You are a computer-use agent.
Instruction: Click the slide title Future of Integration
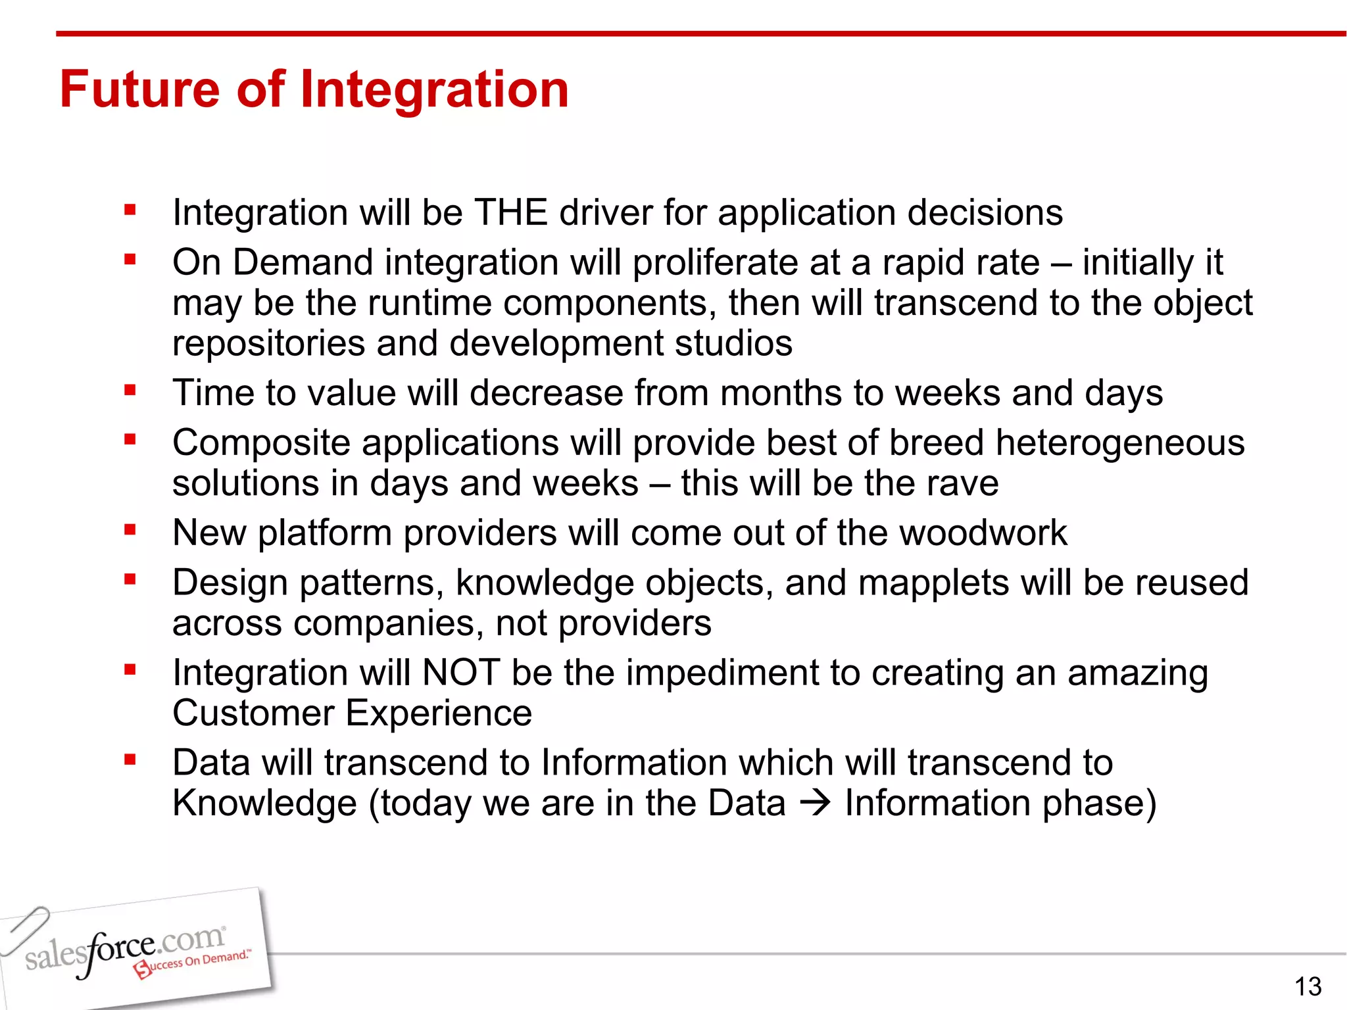tap(314, 89)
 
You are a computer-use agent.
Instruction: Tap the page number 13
tap(1308, 986)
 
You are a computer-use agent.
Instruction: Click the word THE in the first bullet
tap(510, 212)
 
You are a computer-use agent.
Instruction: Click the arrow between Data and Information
tap(816, 803)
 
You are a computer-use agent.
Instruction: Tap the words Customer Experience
tap(352, 713)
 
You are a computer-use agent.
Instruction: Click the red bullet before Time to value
tap(130, 391)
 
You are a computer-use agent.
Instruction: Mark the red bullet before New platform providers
tap(130, 529)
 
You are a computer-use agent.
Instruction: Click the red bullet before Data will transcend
tap(130, 760)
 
